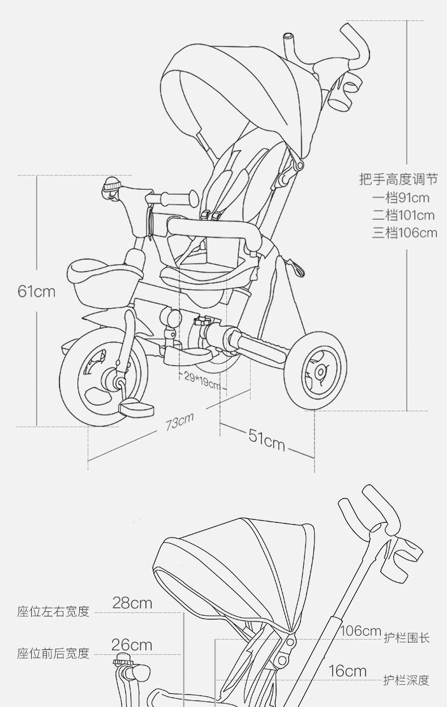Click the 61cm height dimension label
(x=37, y=291)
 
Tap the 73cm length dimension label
(x=179, y=421)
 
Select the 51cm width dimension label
(x=267, y=440)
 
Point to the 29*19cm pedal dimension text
(x=202, y=381)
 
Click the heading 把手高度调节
(x=399, y=179)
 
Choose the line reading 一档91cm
(x=401, y=198)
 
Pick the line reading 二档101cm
(x=403, y=215)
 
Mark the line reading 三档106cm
(x=405, y=233)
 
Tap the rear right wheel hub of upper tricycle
(x=320, y=372)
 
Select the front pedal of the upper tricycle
(x=136, y=408)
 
